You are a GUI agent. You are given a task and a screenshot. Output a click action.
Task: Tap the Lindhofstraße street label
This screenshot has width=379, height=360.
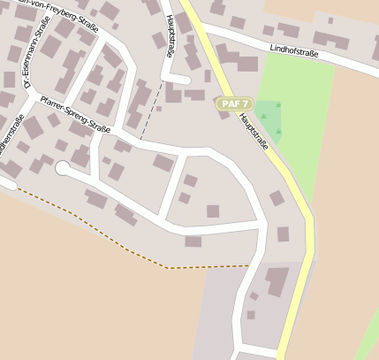click(x=293, y=51)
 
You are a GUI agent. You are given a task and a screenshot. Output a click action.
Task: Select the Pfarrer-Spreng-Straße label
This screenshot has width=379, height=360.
click(x=75, y=116)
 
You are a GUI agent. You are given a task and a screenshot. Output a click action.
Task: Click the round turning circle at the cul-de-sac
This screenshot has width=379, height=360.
click(x=62, y=167)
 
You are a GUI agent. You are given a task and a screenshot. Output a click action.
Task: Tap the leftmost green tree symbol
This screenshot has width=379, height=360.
click(x=262, y=116)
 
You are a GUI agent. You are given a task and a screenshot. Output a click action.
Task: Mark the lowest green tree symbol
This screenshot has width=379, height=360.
click(x=279, y=132)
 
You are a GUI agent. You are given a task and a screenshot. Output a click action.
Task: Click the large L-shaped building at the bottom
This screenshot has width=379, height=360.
click(x=277, y=281)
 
